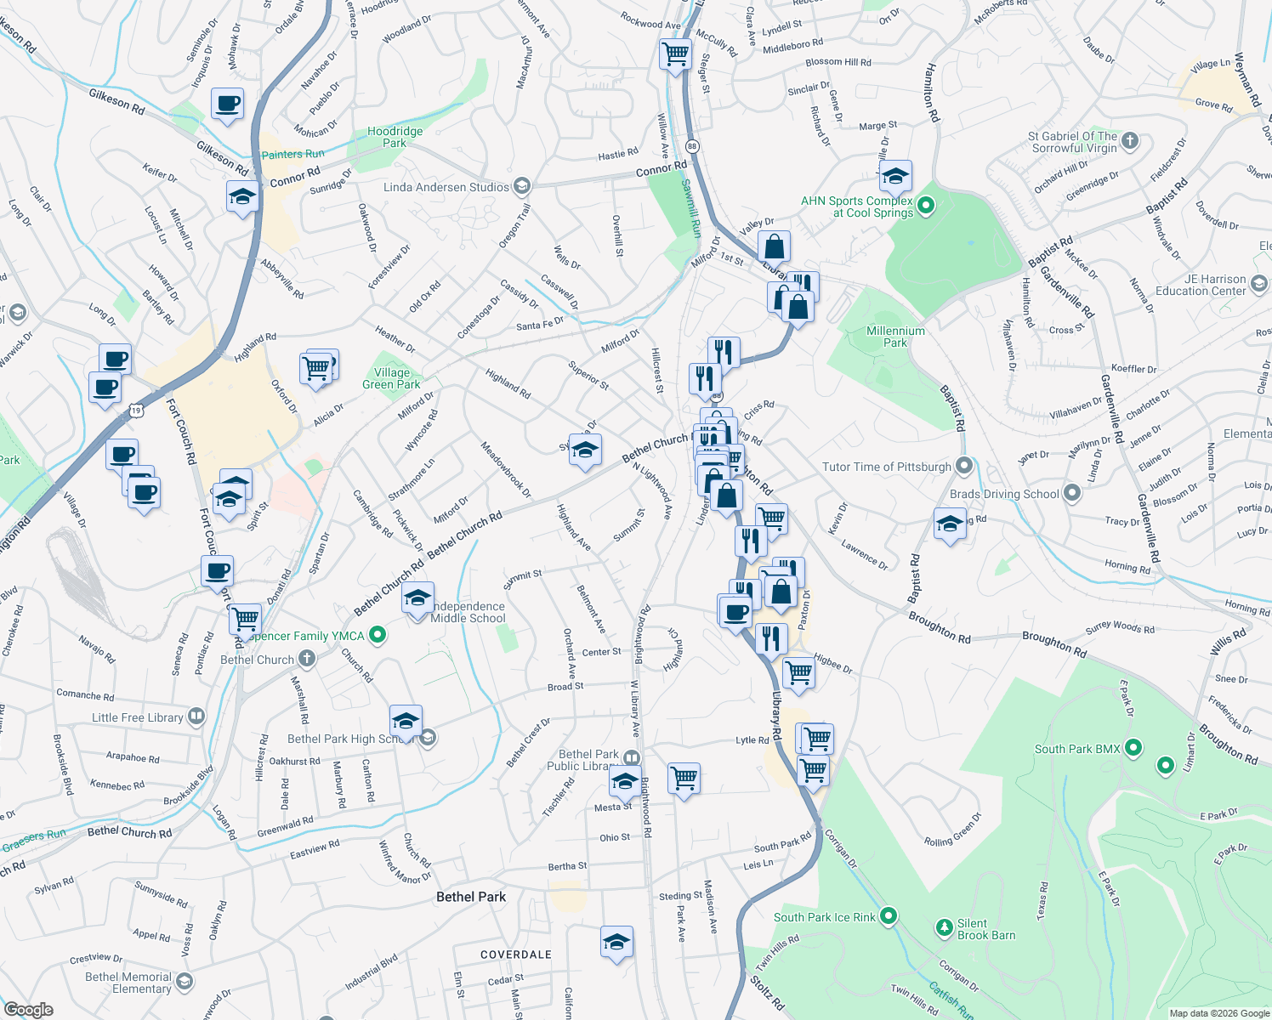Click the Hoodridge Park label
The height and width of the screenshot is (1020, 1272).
[395, 137]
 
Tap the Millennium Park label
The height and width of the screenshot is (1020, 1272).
[895, 337]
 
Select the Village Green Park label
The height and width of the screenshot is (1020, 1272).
[391, 378]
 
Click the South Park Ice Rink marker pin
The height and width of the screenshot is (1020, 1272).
[889, 916]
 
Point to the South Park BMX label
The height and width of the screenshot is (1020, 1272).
[1076, 749]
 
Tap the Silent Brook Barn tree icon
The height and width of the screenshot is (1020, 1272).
[944, 927]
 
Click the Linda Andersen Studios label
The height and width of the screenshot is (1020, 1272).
[446, 187]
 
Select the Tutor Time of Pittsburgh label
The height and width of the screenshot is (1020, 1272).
[886, 467]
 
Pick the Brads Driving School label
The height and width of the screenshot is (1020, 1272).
[1004, 494]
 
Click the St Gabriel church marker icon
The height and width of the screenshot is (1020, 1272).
[1130, 141]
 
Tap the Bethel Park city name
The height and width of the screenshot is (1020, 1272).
[470, 897]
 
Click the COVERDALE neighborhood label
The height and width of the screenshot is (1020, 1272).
[515, 955]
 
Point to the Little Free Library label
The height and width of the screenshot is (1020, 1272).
[137, 717]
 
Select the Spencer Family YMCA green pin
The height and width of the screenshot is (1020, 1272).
[378, 635]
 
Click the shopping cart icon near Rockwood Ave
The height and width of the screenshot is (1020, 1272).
[675, 54]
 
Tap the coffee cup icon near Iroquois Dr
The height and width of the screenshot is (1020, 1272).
[227, 104]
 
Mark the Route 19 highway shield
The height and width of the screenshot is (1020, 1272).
[137, 411]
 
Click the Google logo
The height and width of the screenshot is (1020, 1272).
[29, 1009]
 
